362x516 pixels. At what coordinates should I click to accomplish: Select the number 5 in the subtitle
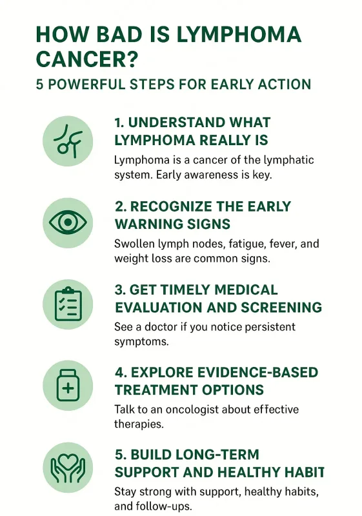click(40, 84)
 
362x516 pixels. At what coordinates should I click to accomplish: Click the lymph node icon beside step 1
click(68, 139)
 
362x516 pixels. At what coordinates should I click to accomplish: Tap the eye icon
click(68, 223)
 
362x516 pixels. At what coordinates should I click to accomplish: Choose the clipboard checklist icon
click(68, 304)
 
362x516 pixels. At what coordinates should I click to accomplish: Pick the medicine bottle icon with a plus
click(68, 386)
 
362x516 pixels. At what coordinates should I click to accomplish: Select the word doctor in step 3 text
click(155, 327)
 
